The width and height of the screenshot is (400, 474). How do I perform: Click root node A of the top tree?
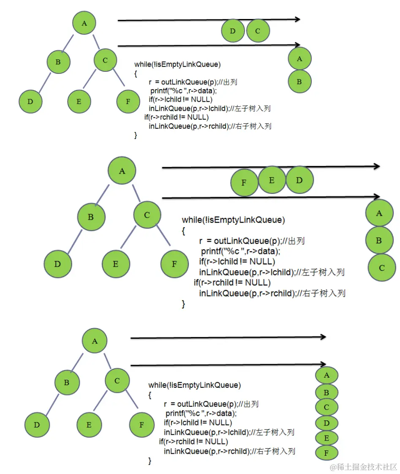click(84, 23)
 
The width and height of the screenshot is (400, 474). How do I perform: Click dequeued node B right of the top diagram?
click(299, 82)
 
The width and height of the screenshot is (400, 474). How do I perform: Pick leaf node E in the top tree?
click(79, 101)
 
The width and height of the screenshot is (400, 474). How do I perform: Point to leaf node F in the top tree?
click(128, 101)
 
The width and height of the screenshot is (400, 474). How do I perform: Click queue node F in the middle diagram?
click(244, 183)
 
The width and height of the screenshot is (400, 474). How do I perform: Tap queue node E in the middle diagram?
click(272, 180)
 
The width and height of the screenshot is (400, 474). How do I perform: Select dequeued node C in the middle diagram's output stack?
click(381, 268)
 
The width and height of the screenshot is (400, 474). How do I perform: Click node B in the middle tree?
click(90, 217)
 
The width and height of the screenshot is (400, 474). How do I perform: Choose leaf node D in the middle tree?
click(57, 264)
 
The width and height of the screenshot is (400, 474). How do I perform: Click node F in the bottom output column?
click(327, 452)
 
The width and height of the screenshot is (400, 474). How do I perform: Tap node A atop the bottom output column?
click(327, 375)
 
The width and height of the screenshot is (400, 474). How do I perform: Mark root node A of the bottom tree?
click(95, 341)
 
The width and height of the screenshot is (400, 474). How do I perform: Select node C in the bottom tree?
click(117, 381)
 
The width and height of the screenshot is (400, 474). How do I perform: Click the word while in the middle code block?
click(191, 220)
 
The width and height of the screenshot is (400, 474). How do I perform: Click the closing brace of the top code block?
click(136, 135)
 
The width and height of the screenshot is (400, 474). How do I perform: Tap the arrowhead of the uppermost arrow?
click(297, 19)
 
